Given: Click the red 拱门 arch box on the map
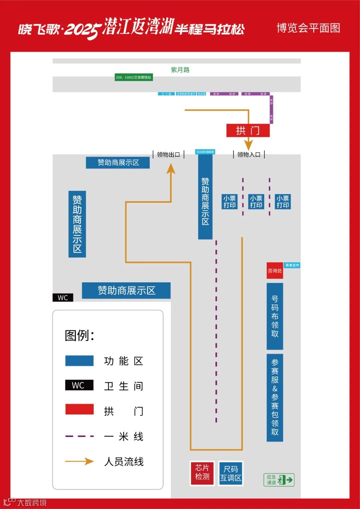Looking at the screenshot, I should (x=248, y=130).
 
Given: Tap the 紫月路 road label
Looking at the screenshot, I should (x=180, y=70).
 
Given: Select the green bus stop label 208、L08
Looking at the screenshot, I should (x=133, y=77).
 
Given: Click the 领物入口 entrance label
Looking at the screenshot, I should (x=249, y=154).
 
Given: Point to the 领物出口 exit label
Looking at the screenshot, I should (x=168, y=154).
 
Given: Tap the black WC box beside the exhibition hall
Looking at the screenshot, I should (x=63, y=298).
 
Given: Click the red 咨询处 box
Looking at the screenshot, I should (x=275, y=271).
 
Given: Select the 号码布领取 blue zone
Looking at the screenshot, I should (x=275, y=316).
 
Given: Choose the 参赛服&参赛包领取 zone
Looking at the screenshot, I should (x=275, y=397).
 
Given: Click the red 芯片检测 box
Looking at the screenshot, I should (x=202, y=473).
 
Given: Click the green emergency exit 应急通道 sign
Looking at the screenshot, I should (x=279, y=480).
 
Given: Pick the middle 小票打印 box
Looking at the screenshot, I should (x=256, y=202).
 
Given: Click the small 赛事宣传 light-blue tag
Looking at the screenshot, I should (x=292, y=265).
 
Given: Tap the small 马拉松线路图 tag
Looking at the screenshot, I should (x=205, y=152).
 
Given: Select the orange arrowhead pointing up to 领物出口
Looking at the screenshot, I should (x=171, y=169).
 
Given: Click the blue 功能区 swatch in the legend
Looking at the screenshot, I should (x=79, y=361).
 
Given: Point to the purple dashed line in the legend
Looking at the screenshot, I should (x=79, y=436).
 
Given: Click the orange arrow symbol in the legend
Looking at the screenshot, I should (x=79, y=461).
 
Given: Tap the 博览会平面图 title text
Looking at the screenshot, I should (x=308, y=28).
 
